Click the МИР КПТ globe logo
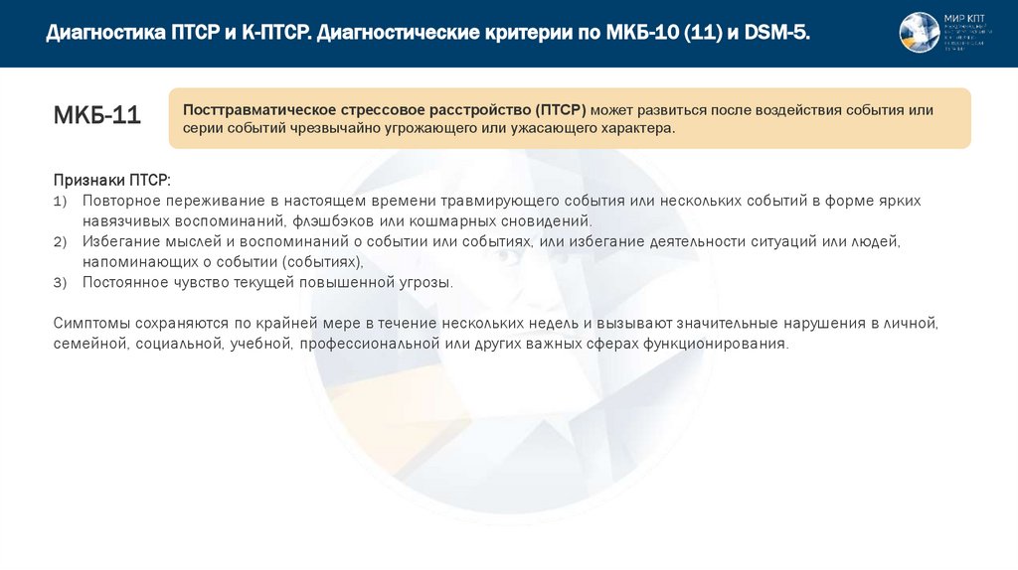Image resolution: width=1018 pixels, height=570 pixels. (x=920, y=33)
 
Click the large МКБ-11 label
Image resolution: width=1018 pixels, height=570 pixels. (x=96, y=116)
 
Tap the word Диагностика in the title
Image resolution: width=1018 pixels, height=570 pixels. (x=104, y=33)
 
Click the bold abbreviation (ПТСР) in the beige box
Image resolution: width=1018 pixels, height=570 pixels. (x=561, y=109)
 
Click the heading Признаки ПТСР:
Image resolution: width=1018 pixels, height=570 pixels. (x=111, y=180)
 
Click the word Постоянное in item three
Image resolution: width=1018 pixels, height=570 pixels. (x=124, y=283)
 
